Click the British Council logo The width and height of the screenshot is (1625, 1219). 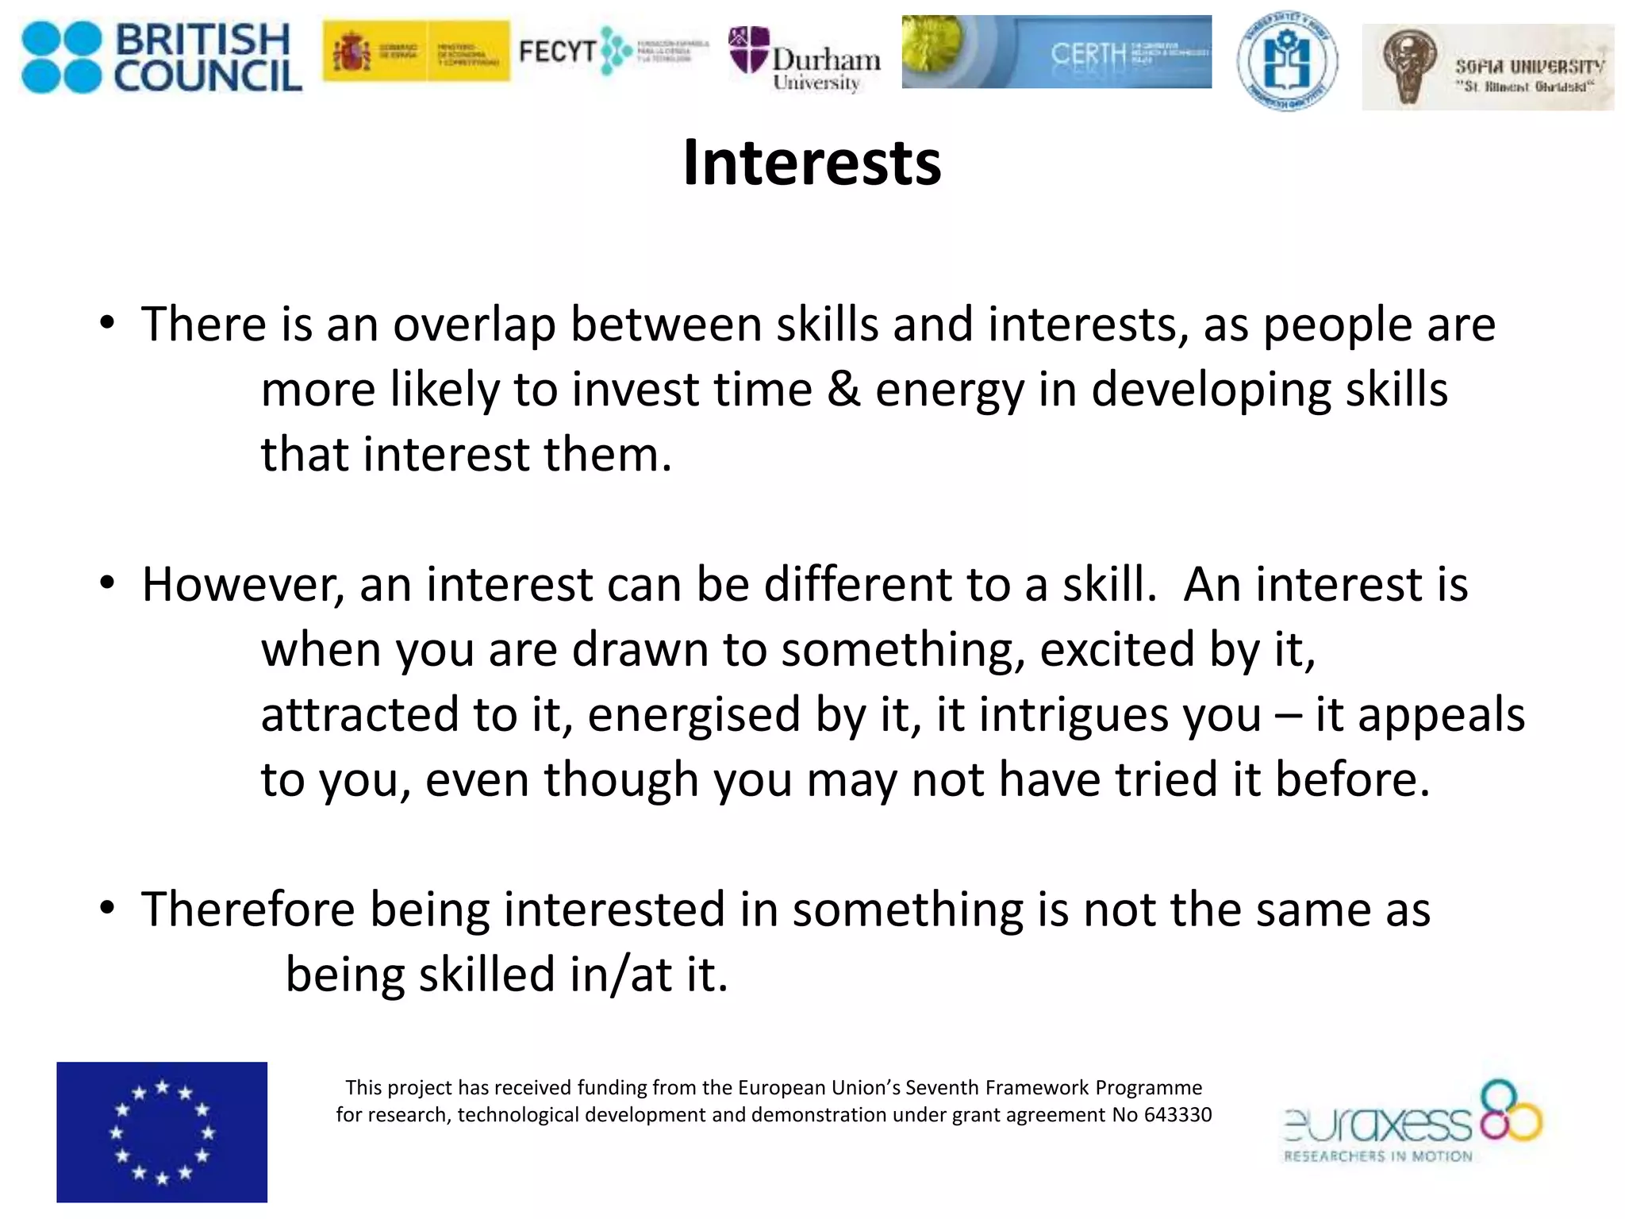tap(162, 57)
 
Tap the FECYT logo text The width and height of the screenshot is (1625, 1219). tap(557, 52)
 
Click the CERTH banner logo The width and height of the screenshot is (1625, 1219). tap(1056, 52)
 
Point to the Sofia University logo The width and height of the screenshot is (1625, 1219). tap(1487, 67)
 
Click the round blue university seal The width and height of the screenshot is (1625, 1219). tap(1286, 61)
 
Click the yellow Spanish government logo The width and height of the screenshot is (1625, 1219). tap(416, 52)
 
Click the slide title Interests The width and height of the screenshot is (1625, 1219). tap(812, 163)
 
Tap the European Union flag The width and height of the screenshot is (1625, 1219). tap(162, 1132)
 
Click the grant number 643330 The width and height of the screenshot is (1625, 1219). tap(1177, 1115)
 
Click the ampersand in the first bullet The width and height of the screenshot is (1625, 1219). tap(843, 390)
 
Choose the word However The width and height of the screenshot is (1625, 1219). tap(243, 585)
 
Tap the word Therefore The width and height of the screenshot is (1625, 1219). tap(248, 909)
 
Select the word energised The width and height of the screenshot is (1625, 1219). tap(694, 714)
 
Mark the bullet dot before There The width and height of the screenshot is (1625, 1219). tap(108, 325)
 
